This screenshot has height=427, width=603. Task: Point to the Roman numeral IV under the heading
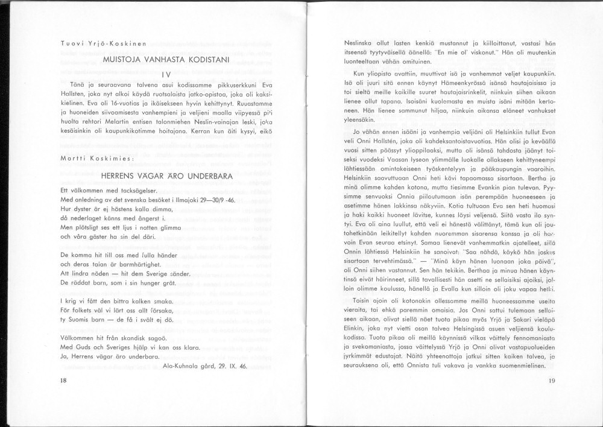click(167, 74)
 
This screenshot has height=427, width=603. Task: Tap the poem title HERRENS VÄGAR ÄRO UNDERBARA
click(167, 177)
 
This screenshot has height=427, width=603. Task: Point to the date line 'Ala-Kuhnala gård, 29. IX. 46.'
click(205, 365)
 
